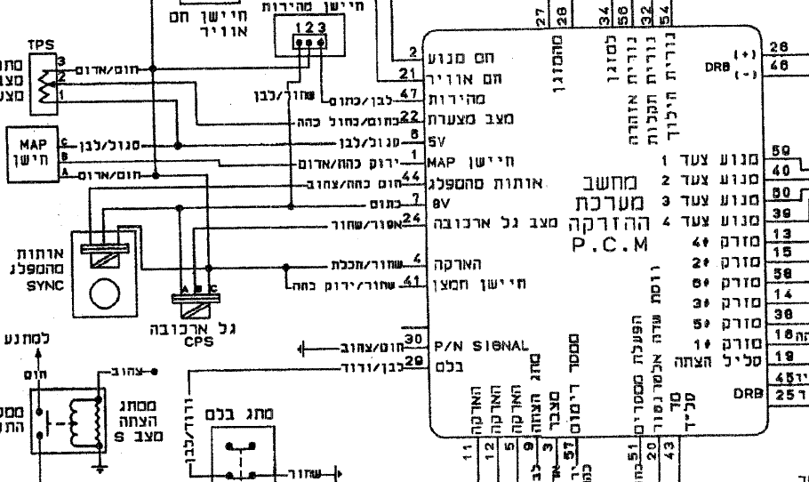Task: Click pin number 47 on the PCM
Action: [410, 94]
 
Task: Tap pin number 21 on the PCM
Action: [408, 73]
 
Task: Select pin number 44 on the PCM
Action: [410, 176]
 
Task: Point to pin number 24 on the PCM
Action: [410, 218]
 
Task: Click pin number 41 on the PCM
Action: [410, 279]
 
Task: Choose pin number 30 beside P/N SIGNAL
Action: [411, 339]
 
